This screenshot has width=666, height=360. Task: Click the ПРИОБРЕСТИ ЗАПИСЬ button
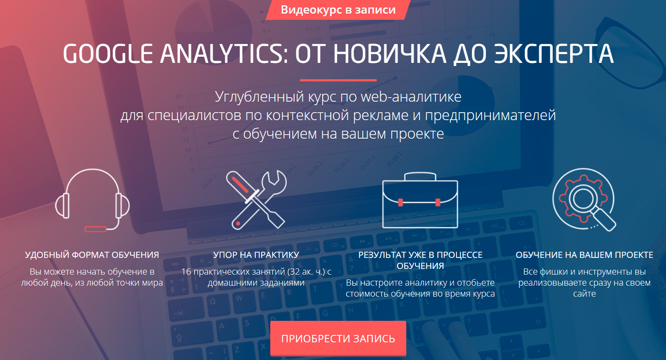(x=338, y=338)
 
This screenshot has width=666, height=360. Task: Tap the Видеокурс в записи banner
(x=338, y=10)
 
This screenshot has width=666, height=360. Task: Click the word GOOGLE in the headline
(x=108, y=54)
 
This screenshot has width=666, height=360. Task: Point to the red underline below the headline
(x=338, y=80)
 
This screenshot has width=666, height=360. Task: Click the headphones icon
(x=92, y=201)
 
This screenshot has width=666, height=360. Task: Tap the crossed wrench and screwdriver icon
(x=256, y=200)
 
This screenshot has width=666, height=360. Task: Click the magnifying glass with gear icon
(x=584, y=200)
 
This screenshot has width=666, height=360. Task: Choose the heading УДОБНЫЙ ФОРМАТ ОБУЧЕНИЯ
(x=92, y=255)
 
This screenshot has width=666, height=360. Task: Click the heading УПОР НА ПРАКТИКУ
(x=256, y=255)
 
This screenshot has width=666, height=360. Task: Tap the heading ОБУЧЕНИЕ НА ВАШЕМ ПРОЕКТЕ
(x=584, y=255)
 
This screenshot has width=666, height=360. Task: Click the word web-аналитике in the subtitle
(x=411, y=96)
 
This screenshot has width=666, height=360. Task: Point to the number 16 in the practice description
(x=186, y=272)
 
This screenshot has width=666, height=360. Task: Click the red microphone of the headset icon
(x=96, y=229)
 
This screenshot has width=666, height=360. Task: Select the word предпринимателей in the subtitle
(x=490, y=115)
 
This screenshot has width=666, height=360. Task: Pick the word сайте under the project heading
(x=584, y=294)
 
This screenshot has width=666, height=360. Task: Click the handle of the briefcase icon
(x=420, y=176)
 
